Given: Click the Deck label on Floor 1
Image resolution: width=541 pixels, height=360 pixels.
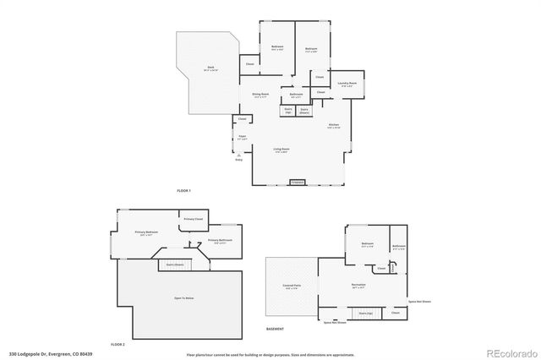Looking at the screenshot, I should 211,69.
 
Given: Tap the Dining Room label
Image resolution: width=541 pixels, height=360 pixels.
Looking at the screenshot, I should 260,95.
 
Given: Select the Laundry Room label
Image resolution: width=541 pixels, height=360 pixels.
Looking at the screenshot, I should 347,84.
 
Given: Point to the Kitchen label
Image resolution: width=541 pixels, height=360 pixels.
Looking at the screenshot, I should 333,126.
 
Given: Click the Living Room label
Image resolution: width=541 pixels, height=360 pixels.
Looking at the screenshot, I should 281,150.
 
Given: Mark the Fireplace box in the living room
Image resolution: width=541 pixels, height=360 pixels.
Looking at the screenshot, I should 297,182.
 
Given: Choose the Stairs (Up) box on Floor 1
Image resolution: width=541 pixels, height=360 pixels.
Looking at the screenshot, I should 287,110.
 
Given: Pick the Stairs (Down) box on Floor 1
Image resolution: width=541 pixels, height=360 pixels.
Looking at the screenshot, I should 304,110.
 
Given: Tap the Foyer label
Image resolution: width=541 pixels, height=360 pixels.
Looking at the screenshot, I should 242,138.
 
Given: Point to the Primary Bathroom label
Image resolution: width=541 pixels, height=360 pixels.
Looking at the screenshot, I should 220,241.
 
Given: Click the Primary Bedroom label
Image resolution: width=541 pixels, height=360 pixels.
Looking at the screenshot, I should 147,233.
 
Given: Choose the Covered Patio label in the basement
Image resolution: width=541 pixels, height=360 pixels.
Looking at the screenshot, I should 290,287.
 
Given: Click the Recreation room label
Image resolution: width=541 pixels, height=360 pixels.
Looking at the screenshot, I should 358,286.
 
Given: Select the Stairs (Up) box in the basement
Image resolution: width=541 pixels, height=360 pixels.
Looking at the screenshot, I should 365,313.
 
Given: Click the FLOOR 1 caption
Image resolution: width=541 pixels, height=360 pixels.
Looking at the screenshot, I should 183,191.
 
